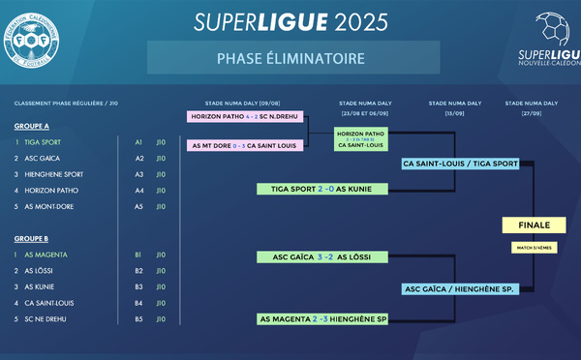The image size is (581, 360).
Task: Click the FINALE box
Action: [x=534, y=225]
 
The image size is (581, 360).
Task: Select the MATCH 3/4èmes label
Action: [x=534, y=248]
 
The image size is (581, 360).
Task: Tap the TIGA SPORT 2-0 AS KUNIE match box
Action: [x=322, y=189]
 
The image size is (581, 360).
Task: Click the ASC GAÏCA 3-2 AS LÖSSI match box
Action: [x=322, y=256]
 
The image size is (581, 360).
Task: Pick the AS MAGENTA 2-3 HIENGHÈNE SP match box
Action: [x=322, y=318]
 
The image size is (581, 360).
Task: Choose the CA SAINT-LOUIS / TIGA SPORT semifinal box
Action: [x=461, y=164]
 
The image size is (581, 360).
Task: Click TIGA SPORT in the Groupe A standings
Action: [x=43, y=142]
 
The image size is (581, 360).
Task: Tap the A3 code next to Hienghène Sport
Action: [x=138, y=174]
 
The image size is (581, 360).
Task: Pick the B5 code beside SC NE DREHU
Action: [x=138, y=318]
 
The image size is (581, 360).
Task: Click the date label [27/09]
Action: [x=532, y=111]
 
